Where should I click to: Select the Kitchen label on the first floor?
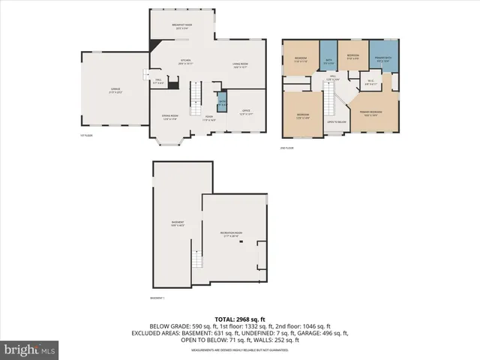185,62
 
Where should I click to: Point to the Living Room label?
240,64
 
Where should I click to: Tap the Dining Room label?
169,116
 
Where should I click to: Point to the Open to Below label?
337,121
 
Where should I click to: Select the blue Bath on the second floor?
328,61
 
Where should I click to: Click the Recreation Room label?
235,234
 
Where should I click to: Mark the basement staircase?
197,259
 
